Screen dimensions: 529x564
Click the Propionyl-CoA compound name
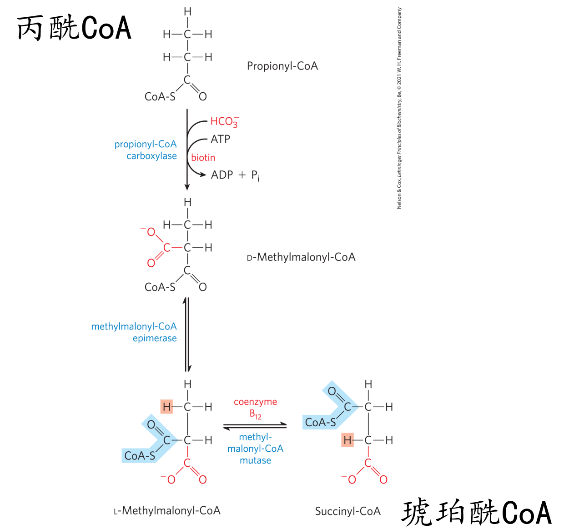click(x=282, y=66)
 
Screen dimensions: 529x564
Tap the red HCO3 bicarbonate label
click(x=224, y=122)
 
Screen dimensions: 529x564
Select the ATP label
click(x=221, y=139)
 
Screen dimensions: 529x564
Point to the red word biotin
click(x=203, y=158)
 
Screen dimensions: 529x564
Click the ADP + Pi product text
click(x=235, y=175)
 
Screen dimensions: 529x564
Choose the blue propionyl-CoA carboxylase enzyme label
click(x=146, y=150)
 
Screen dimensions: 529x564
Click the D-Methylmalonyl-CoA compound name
click(x=301, y=257)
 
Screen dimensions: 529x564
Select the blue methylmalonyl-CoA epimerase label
click(x=134, y=332)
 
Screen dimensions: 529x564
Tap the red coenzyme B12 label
click(x=255, y=408)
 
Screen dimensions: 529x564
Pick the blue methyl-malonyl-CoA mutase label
click(x=255, y=449)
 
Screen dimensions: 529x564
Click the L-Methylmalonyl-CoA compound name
click(x=167, y=511)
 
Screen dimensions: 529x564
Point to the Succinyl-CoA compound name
click(x=348, y=511)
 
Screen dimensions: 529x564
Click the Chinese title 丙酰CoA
click(x=74, y=28)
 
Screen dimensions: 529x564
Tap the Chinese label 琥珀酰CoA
click(x=476, y=512)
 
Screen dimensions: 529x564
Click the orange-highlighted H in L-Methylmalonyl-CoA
click(x=167, y=407)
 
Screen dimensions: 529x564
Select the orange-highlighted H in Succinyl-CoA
click(x=347, y=440)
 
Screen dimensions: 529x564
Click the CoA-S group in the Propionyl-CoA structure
click(x=160, y=97)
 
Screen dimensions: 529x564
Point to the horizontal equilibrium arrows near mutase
click(x=255, y=426)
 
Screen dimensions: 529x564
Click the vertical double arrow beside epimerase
click(x=187, y=334)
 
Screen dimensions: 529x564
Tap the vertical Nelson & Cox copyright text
click(x=399, y=108)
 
